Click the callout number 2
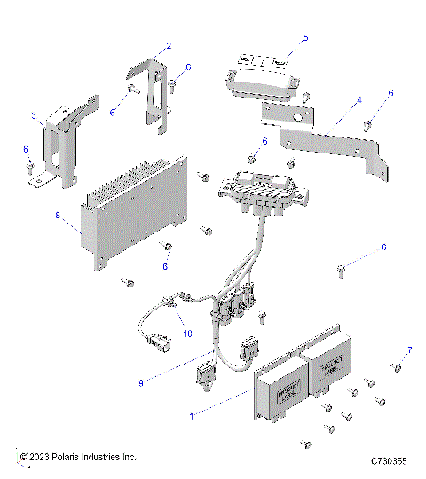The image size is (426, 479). coord(169,45)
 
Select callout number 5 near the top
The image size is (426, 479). coord(304,38)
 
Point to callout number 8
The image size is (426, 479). coord(59,215)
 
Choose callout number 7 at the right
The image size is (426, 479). coord(409,349)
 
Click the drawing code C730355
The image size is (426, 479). coord(389,461)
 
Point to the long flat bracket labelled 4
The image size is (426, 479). coord(328,142)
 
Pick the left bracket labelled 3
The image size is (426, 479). coord(64,142)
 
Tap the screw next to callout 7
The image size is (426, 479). coord(396,366)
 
